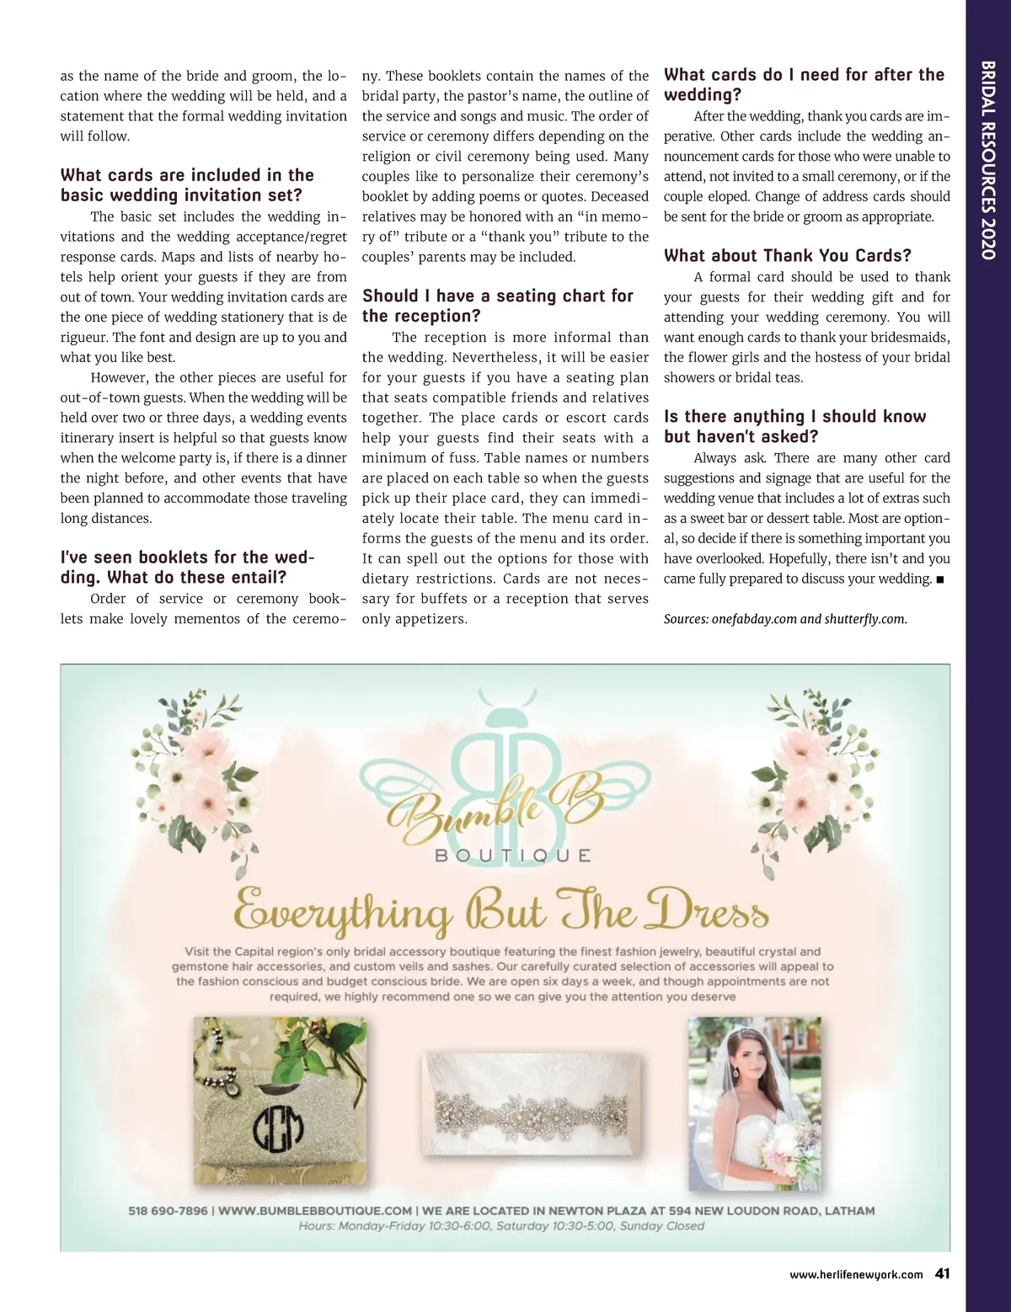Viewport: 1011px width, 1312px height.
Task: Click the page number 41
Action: click(942, 1273)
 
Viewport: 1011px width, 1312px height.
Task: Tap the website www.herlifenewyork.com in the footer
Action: click(856, 1275)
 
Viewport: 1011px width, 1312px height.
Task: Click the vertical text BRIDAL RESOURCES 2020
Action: click(988, 160)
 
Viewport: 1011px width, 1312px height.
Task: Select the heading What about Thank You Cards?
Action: click(787, 256)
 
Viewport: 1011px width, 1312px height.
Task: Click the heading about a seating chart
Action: click(497, 306)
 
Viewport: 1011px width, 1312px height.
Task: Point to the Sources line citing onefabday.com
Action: click(785, 619)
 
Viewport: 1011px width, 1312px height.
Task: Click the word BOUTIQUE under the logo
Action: click(513, 856)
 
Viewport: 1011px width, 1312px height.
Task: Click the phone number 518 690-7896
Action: click(168, 1211)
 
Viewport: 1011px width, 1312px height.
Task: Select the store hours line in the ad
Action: click(501, 1226)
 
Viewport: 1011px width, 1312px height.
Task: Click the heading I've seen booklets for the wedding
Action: click(186, 568)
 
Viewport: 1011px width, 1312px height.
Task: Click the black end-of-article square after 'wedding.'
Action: click(940, 579)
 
